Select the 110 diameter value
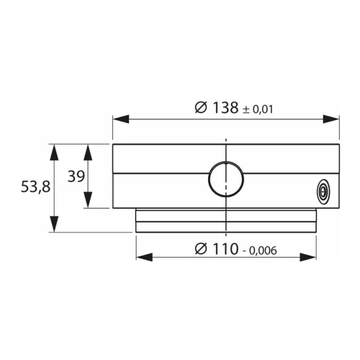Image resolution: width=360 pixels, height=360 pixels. pos(227,249)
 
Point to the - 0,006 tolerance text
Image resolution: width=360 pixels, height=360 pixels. pos(261,251)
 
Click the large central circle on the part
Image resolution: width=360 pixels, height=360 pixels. pos(226,179)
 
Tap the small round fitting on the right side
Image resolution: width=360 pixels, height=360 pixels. pos(323,192)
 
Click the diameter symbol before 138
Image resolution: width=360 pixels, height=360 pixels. pos(202,108)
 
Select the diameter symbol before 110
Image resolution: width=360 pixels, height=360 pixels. pos(201,249)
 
